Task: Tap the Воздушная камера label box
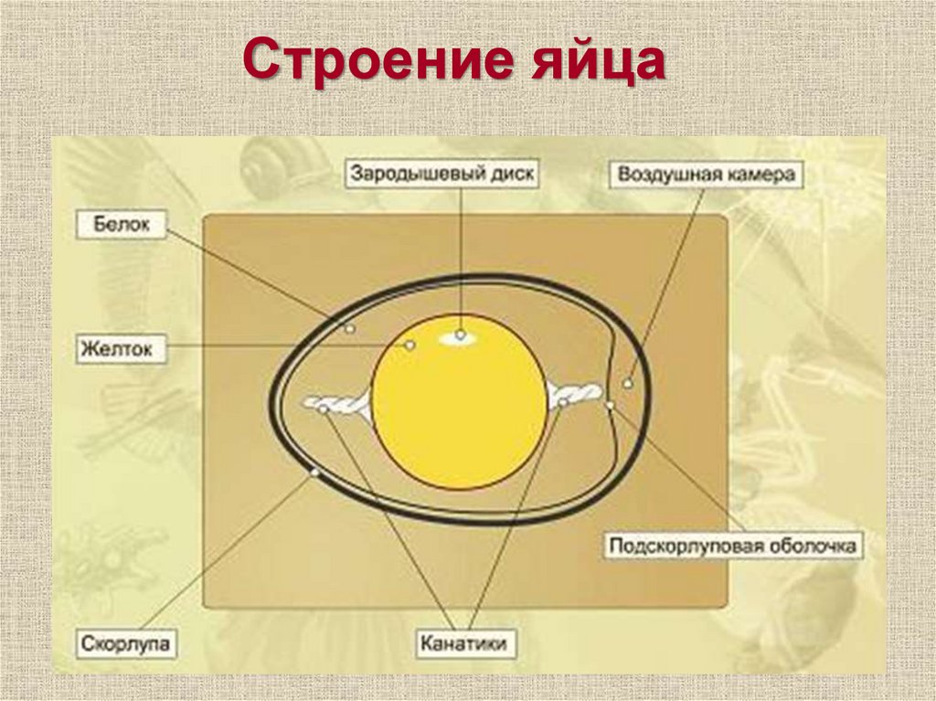[706, 175]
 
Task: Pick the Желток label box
[122, 348]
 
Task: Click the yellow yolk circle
[460, 411]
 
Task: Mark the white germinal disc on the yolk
[460, 336]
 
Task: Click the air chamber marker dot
[628, 383]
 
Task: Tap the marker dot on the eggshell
[314, 473]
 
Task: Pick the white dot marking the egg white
[349, 327]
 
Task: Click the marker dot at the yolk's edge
[410, 345]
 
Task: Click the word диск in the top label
[513, 175]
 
